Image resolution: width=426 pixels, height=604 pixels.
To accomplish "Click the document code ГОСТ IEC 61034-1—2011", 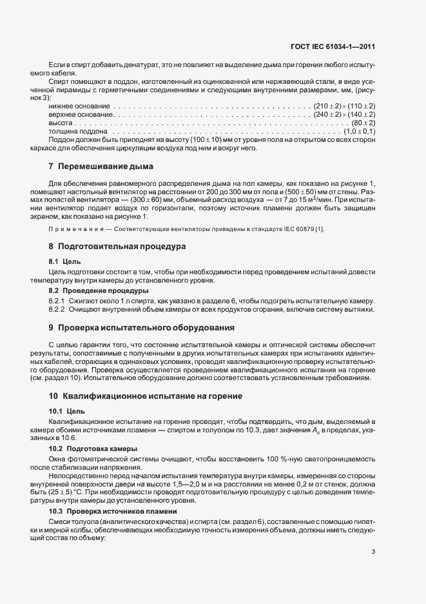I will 334,46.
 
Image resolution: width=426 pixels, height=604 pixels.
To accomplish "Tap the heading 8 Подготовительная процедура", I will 108,247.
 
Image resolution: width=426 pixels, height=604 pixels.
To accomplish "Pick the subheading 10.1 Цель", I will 66,410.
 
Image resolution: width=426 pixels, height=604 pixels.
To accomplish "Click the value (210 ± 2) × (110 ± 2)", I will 345,105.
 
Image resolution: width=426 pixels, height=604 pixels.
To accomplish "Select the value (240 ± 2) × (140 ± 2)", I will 345,114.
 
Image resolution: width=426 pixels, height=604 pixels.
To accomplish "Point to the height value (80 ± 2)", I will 363,123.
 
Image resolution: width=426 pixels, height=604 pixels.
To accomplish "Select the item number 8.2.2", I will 58,310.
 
